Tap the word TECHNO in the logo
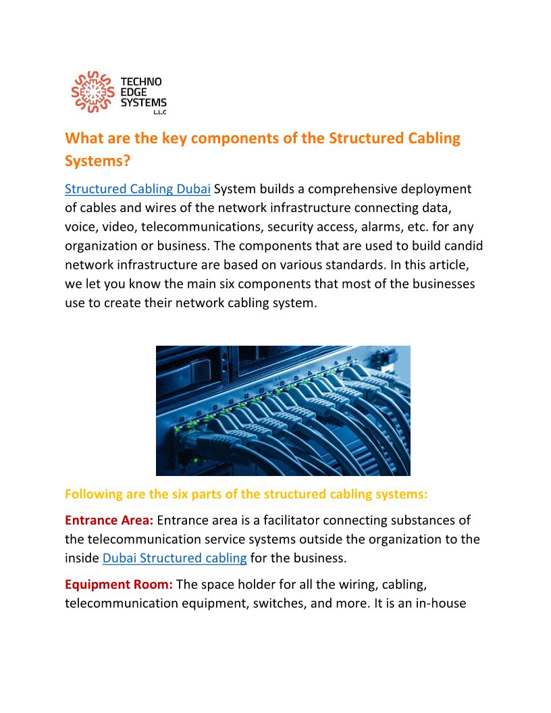pyautogui.click(x=140, y=82)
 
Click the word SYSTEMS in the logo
pyautogui.click(x=143, y=102)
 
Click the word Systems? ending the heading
pyautogui.click(x=97, y=161)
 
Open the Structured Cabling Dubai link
pyautogui.click(x=138, y=188)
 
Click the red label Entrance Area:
pyautogui.click(x=109, y=521)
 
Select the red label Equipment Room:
pyautogui.click(x=119, y=584)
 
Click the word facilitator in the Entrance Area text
pyautogui.click(x=267, y=521)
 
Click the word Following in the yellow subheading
pyautogui.click(x=93, y=494)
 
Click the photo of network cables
pyautogui.click(x=283, y=411)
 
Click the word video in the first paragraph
pyautogui.click(x=122, y=226)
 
